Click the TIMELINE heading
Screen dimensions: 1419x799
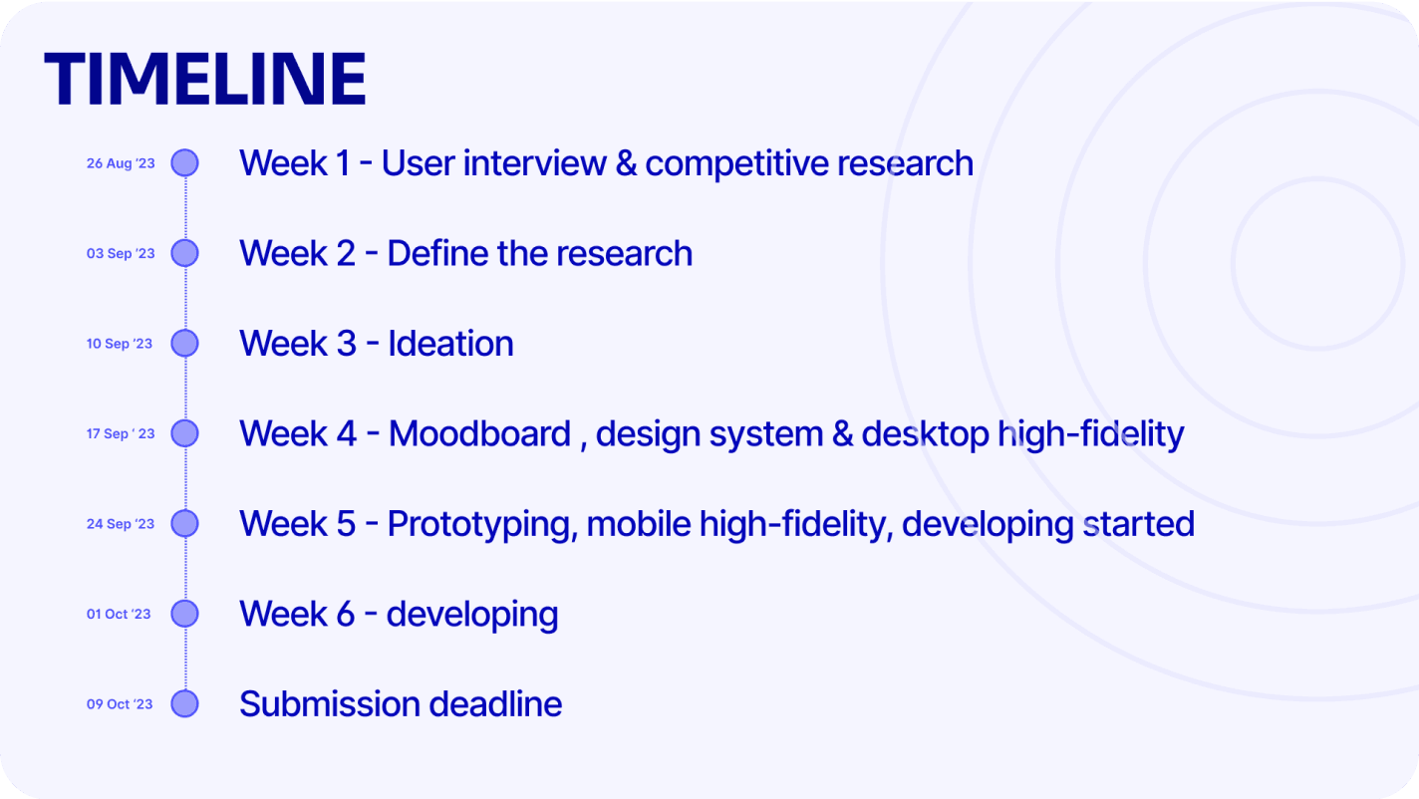pos(204,79)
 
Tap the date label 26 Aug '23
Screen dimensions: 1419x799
pos(121,163)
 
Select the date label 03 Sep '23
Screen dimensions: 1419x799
pos(121,253)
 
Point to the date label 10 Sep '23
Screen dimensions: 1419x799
pos(120,344)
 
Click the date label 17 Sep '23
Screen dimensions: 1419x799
pos(121,433)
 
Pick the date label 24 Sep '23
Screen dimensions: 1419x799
pos(121,524)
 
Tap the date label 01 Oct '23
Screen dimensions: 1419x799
pos(119,614)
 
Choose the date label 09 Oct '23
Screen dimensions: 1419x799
pos(120,704)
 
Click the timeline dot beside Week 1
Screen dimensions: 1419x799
pos(185,162)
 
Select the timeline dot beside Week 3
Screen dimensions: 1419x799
pos(185,343)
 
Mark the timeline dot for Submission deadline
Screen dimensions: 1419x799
pos(185,704)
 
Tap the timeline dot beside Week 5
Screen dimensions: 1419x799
pos(185,524)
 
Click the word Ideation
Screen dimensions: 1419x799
pos(450,344)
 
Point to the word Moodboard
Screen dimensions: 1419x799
pos(479,434)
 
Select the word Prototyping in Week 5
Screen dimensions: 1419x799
pos(482,525)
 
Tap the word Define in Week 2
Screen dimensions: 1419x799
pos(437,253)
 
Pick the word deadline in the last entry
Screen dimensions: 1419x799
pos(495,704)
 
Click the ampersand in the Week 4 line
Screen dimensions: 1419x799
pos(843,434)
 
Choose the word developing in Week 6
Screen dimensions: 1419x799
pos(472,616)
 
